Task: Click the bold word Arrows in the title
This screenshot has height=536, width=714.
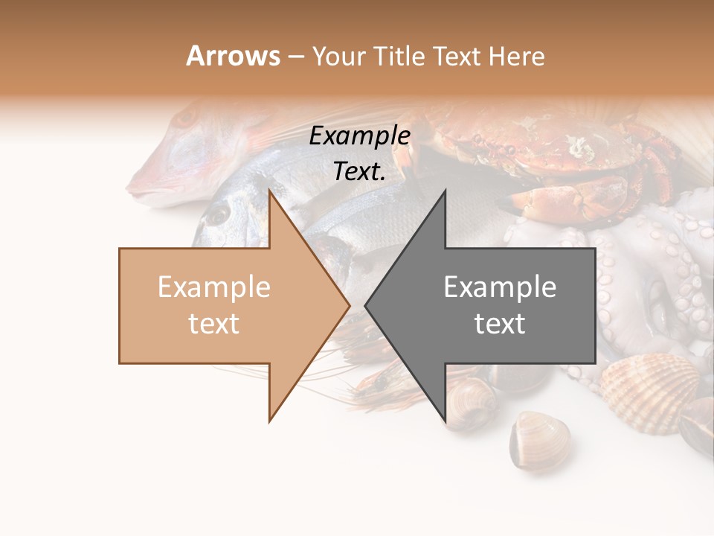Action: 234,56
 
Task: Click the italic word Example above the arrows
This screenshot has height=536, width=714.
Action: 359,135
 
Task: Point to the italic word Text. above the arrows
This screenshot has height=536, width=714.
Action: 359,171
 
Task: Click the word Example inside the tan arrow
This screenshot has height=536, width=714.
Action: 214,287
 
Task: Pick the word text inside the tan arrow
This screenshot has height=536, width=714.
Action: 214,324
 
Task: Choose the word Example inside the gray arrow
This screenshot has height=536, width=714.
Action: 500,287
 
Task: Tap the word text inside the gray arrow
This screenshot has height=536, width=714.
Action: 500,324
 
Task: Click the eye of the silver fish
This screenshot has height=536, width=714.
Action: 217,214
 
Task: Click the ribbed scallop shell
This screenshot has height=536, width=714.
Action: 647,383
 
